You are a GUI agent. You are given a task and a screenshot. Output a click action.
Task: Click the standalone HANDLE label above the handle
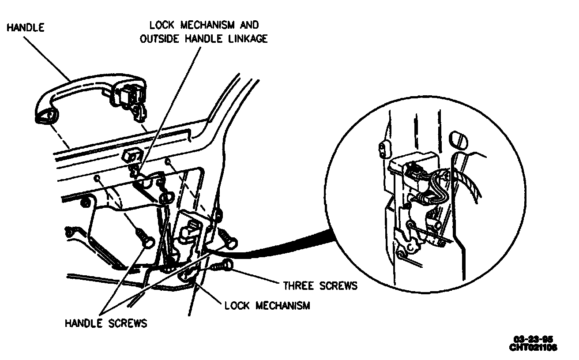[x=25, y=27]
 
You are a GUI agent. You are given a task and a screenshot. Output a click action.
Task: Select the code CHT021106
[x=533, y=347]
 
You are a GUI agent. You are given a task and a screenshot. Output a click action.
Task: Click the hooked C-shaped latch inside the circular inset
[x=412, y=247]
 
